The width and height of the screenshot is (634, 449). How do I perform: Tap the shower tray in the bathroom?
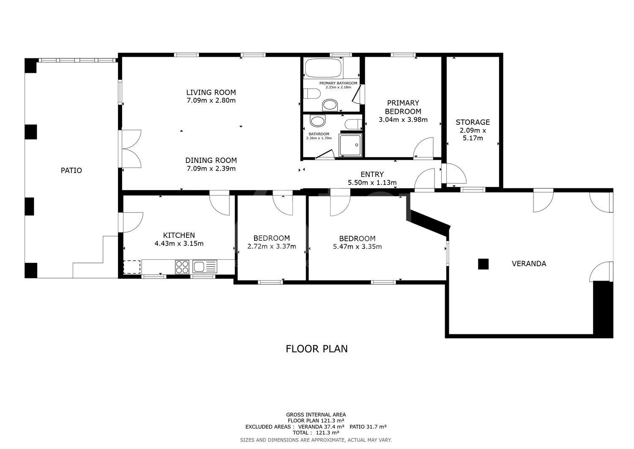(350, 145)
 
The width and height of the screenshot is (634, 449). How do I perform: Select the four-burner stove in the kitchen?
(182, 267)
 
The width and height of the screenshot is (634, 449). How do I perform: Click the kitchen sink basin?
(199, 267)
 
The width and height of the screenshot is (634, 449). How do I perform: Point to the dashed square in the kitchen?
(132, 267)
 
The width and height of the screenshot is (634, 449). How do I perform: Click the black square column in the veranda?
(483, 264)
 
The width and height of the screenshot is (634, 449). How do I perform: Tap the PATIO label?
(71, 171)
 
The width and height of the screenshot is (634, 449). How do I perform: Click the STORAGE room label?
(473, 122)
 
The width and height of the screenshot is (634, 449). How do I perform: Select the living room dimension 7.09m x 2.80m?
(211, 100)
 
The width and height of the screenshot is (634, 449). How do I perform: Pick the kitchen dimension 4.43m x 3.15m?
(179, 243)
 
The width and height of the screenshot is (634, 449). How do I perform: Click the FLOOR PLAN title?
(317, 349)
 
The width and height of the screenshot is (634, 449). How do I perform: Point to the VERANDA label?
(529, 264)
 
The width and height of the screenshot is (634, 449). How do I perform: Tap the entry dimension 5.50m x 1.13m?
(372, 182)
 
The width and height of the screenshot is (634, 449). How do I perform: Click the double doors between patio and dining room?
(131, 149)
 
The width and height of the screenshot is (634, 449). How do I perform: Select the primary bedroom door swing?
(424, 147)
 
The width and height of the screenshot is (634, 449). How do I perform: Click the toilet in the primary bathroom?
(312, 93)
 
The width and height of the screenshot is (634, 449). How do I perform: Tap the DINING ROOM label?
(211, 160)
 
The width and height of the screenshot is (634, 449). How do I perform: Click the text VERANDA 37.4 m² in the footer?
(321, 427)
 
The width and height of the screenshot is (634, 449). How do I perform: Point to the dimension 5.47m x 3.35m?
(357, 246)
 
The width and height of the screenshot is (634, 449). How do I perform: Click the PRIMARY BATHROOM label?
(338, 83)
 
